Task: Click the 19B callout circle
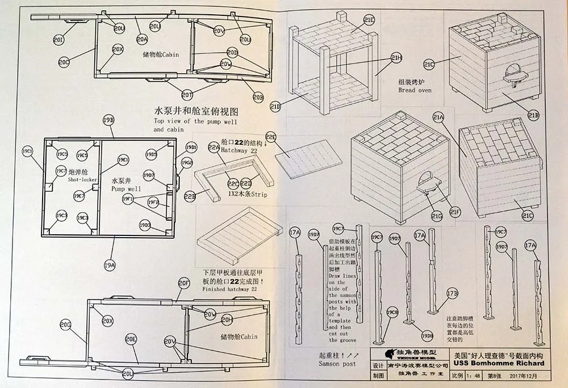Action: [x=108, y=120]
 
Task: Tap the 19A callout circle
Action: [x=110, y=264]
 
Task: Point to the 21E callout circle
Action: [x=369, y=20]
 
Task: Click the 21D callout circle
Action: [x=275, y=106]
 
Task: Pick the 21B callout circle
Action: [x=533, y=115]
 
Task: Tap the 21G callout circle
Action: [x=436, y=216]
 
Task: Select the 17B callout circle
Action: [x=452, y=293]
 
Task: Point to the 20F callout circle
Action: [x=183, y=282]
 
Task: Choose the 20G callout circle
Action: [x=65, y=324]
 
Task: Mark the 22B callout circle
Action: [x=190, y=196]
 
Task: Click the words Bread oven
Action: [x=415, y=90]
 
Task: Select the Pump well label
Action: [x=125, y=188]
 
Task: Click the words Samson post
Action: [x=321, y=363]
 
